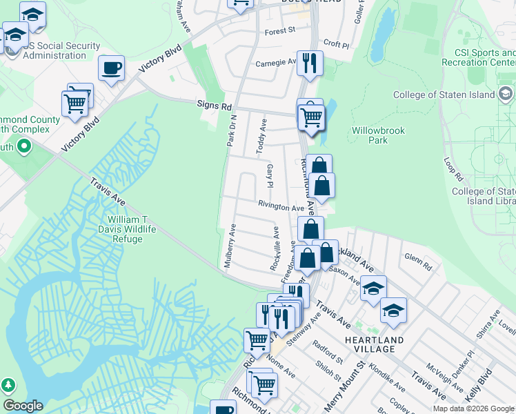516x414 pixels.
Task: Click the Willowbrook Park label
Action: pos(378,135)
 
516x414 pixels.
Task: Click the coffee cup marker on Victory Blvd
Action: pos(111,68)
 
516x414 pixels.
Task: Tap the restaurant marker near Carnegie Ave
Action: pos(310,63)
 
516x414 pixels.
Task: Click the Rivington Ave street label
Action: pos(281,207)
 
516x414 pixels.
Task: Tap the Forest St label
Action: pos(279,30)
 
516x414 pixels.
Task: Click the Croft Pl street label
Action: pos(336,43)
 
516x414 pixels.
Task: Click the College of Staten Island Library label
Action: pos(483,196)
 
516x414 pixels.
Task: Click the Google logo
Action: pos(23,406)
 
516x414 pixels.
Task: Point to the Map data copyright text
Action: pos(473,408)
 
